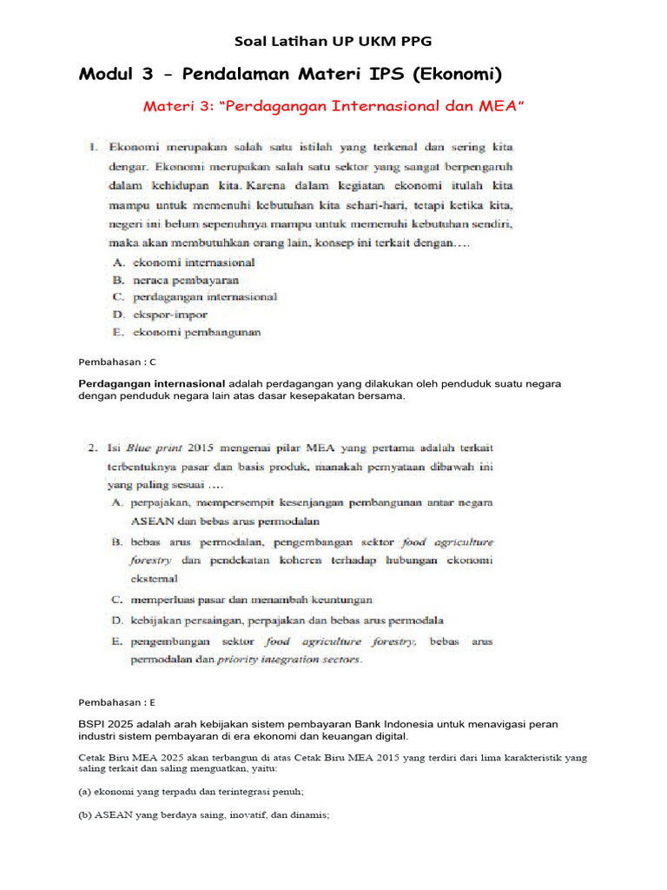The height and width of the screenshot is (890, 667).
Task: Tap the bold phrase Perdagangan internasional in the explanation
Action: point(152,383)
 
